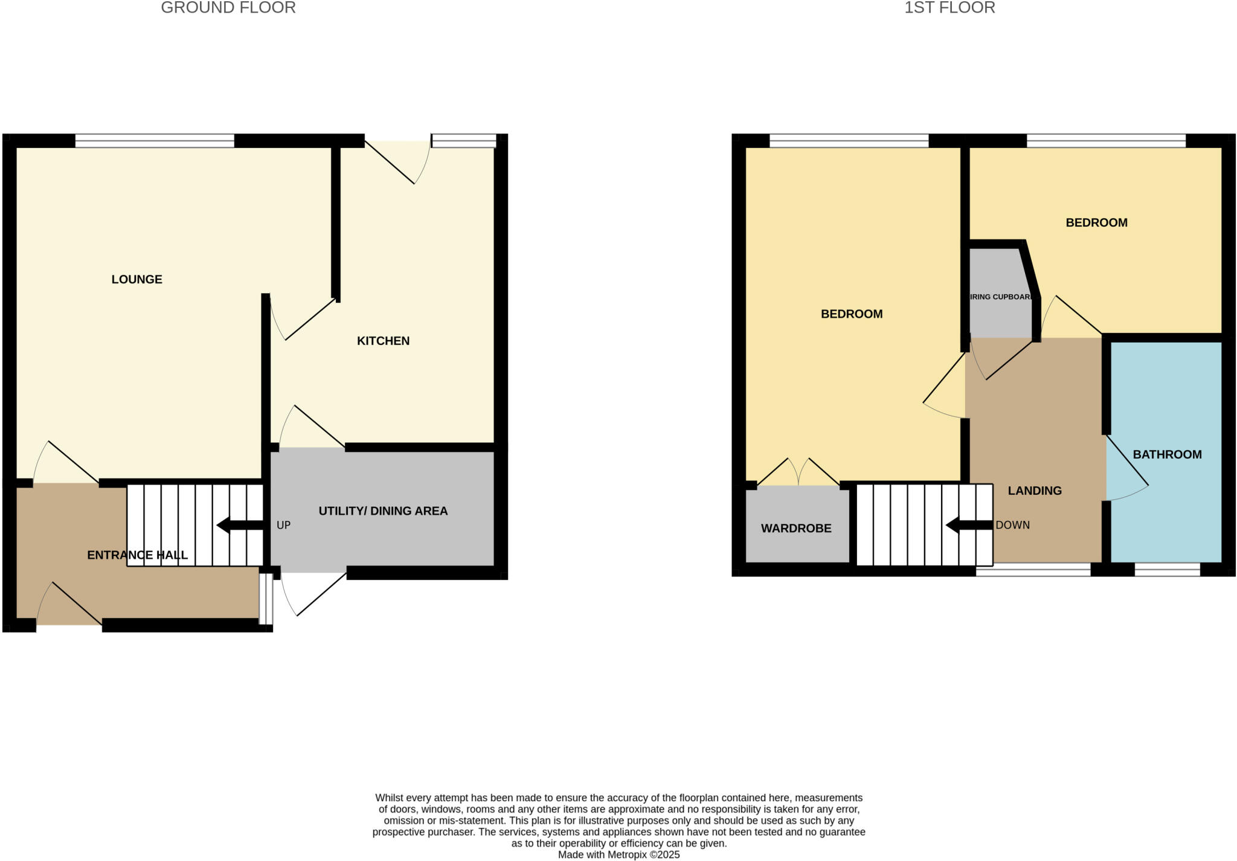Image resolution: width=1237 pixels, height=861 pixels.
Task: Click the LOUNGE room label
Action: pos(137,279)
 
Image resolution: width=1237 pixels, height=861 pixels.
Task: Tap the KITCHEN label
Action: pos(383,341)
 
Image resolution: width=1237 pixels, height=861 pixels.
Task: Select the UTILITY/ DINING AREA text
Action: pos(383,511)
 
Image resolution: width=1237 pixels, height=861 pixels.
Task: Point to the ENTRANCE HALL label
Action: pos(137,555)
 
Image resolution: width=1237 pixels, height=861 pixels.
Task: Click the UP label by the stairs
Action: pos(283,526)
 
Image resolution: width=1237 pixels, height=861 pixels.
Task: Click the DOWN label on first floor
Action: pos(1012,526)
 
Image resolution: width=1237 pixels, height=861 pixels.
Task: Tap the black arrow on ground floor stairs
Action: pos(239,526)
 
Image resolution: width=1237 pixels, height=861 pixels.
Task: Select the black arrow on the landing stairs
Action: pos(968,526)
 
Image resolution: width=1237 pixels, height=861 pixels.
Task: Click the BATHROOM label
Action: pos(1167,454)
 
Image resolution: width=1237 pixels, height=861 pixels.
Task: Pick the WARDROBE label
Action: pos(796,529)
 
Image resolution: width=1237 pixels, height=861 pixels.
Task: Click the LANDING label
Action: pos(1035,491)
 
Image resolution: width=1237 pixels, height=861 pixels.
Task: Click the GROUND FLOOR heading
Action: pos(228,8)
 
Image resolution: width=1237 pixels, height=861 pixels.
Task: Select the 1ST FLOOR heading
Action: pos(949,8)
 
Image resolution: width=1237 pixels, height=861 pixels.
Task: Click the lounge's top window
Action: pos(154,141)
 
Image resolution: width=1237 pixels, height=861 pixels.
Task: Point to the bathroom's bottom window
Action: pos(1167,570)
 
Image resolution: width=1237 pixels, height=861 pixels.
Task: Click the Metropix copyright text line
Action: pos(618,855)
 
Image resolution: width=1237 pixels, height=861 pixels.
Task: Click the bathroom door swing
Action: pos(1127,471)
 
